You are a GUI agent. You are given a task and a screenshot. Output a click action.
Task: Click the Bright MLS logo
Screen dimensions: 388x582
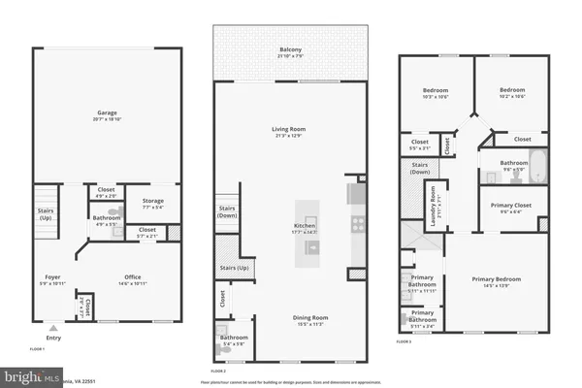pos(29,373)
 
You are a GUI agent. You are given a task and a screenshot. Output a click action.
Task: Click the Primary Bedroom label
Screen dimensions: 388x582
pos(496,279)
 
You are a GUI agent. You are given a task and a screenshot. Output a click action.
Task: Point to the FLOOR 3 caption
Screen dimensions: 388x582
pos(404,342)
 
